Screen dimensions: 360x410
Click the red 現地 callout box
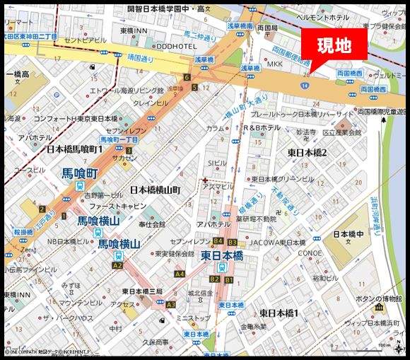click(334, 46)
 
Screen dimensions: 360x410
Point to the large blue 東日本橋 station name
click(223, 255)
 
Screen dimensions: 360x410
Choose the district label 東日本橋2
click(307, 152)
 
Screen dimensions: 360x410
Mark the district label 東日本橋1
click(279, 313)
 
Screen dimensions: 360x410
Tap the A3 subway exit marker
click(170, 305)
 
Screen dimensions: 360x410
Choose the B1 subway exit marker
click(228, 280)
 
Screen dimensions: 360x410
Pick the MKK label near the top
click(274, 64)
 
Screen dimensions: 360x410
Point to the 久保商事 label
click(153, 342)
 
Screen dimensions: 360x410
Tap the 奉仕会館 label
click(152, 223)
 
